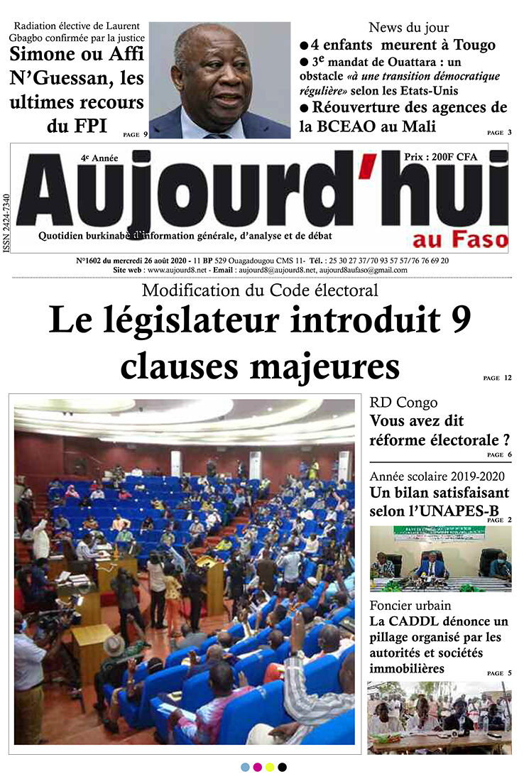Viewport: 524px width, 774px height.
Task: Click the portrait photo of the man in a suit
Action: pyautogui.click(x=220, y=80)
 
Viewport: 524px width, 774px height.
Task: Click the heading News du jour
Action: pyautogui.click(x=408, y=28)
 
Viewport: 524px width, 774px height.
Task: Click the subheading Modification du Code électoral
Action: pyautogui.click(x=260, y=290)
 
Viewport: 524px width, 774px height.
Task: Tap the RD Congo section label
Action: pyautogui.click(x=403, y=403)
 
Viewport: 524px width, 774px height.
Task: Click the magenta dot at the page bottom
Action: pyautogui.click(x=257, y=767)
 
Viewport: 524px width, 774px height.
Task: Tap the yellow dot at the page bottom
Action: pyautogui.click(x=269, y=767)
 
